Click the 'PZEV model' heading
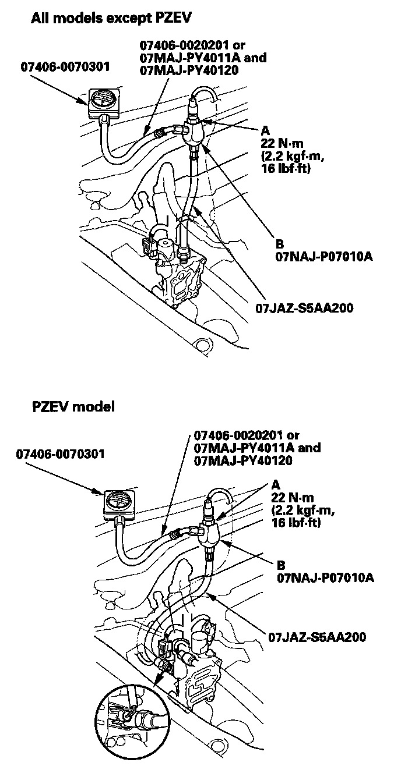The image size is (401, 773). [73, 407]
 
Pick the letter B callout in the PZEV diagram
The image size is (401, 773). [283, 565]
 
